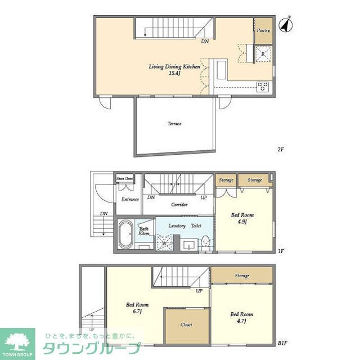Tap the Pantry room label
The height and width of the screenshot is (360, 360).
(x=263, y=30)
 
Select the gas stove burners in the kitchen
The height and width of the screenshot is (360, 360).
(x=263, y=86)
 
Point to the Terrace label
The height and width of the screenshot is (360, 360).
(x=174, y=123)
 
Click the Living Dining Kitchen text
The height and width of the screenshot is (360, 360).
(x=174, y=66)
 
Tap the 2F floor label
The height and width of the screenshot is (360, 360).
(x=281, y=150)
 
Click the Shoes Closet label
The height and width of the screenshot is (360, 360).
(x=125, y=179)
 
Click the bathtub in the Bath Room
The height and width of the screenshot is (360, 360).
(x=125, y=233)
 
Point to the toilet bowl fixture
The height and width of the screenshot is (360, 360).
(x=205, y=242)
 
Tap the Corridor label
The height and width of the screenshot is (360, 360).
(x=179, y=204)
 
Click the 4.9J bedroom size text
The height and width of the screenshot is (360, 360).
(x=242, y=222)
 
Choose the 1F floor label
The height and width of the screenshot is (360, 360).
(x=281, y=251)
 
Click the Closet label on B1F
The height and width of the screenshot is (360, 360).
(x=186, y=325)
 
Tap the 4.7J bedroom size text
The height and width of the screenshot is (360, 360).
(x=242, y=321)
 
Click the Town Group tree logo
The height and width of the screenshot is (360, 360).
(x=17, y=341)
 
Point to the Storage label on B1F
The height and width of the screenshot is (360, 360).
(x=242, y=276)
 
